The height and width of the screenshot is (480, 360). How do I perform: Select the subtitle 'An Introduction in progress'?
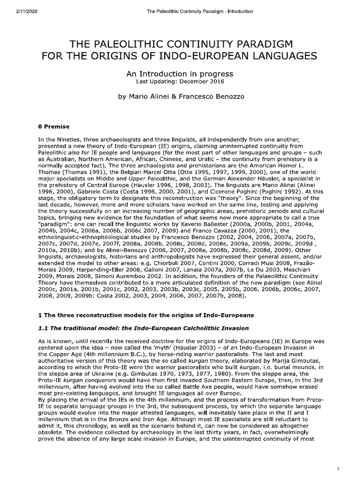180,74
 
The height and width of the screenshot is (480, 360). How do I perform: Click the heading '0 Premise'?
53,126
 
